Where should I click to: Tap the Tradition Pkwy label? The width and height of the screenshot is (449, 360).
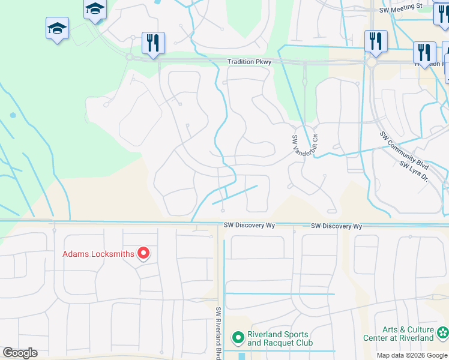click(x=249, y=62)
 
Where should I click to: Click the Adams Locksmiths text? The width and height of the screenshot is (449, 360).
click(x=98, y=254)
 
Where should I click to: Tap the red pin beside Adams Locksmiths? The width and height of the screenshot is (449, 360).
click(x=143, y=254)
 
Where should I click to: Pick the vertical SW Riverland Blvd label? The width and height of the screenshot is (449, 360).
click(x=218, y=333)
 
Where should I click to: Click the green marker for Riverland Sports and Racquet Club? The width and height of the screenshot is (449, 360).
click(x=238, y=338)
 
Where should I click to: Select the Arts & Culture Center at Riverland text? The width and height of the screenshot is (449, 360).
click(x=399, y=334)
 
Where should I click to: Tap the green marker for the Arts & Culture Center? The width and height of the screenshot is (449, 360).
click(x=442, y=332)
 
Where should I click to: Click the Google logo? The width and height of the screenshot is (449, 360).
click(x=20, y=353)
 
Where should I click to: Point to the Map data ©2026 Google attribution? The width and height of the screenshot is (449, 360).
click(x=412, y=355)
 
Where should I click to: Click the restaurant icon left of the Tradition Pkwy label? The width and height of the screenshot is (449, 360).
click(x=153, y=43)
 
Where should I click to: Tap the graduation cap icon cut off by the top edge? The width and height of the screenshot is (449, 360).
click(x=95, y=9)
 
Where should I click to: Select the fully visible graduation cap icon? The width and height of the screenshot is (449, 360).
click(x=57, y=28)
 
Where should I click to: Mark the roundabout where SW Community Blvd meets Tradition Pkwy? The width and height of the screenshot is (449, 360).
click(x=372, y=62)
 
